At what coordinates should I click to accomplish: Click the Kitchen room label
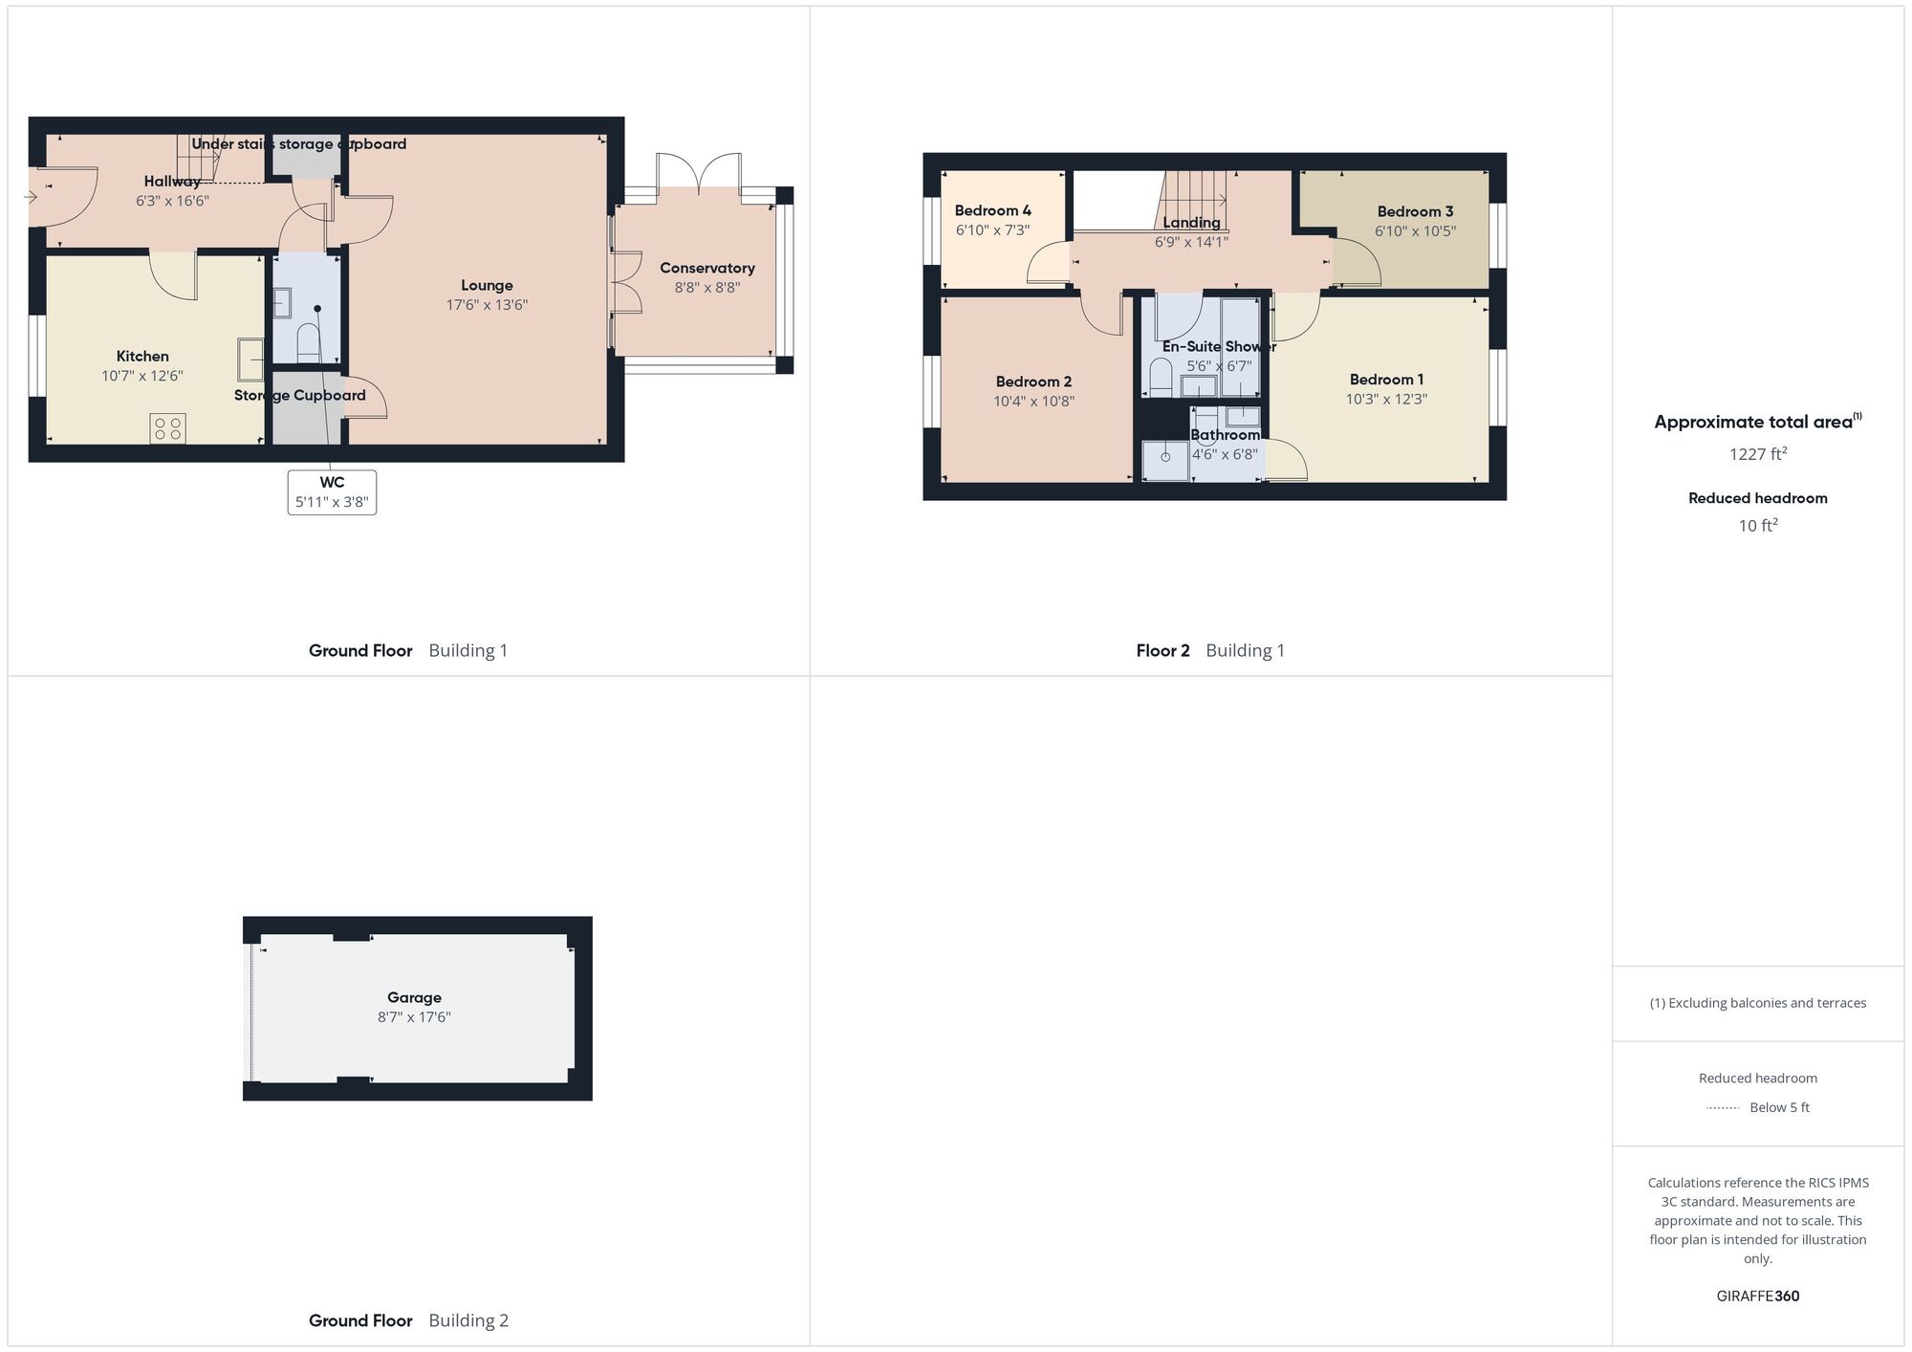coord(142,357)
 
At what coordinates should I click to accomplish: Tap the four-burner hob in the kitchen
coord(167,428)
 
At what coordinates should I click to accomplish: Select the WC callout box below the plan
coord(332,492)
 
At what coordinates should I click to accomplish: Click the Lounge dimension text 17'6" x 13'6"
coord(487,305)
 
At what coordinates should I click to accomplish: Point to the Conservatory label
coord(706,268)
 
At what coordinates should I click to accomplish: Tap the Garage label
coord(414,997)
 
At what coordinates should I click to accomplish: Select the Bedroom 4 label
coord(992,210)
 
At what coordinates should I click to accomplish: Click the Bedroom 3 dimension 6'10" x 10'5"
coord(1415,230)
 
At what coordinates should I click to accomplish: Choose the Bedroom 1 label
coord(1386,380)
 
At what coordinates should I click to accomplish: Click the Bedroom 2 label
coord(1033,382)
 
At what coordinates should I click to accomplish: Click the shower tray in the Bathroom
coord(1165,460)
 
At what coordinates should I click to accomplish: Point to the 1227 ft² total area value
coord(1757,454)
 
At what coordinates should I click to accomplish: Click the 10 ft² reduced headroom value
coord(1757,525)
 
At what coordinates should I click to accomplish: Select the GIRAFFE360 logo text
coord(1757,1296)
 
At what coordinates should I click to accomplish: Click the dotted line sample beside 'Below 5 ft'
coord(1723,1108)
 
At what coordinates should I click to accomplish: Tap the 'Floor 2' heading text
coord(1162,651)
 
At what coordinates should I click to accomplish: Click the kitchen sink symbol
coord(250,360)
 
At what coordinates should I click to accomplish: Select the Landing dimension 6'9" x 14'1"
coord(1191,242)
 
